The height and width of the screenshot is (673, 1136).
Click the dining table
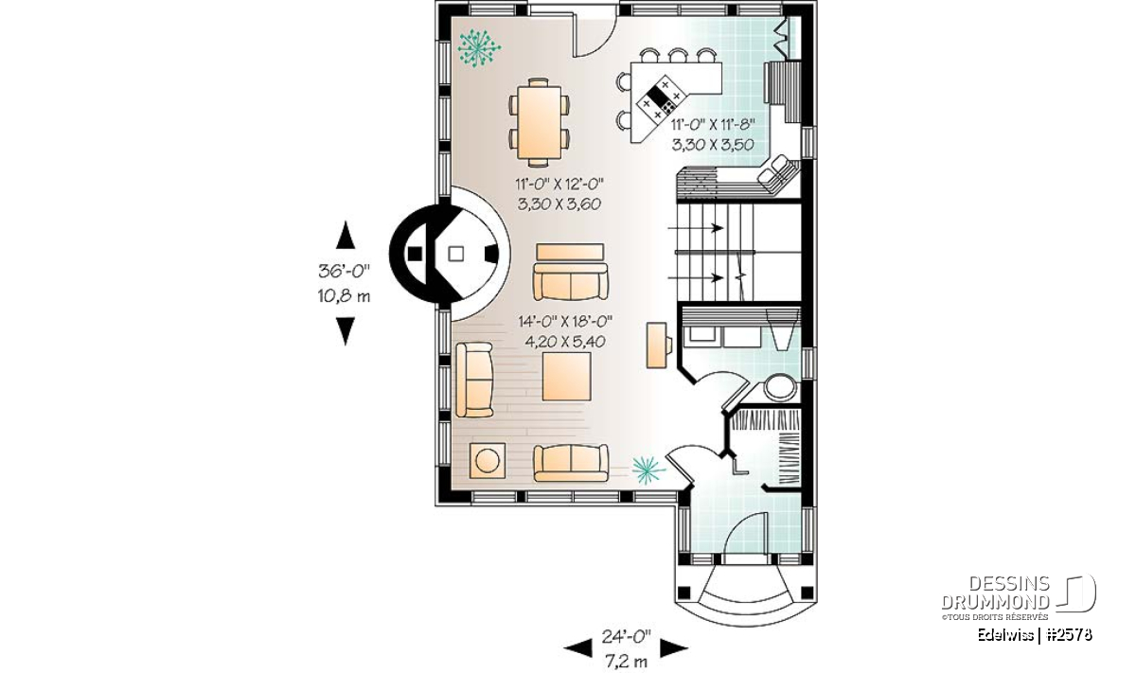(x=539, y=122)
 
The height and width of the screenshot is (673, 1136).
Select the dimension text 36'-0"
(x=344, y=272)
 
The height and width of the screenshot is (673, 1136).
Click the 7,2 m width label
(x=627, y=662)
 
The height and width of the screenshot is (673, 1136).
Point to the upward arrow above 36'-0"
(x=346, y=235)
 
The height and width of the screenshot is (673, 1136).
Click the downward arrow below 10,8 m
(x=346, y=331)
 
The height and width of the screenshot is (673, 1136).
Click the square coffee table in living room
(x=566, y=377)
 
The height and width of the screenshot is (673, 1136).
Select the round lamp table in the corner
(x=488, y=461)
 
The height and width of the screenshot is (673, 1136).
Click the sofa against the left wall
(x=474, y=380)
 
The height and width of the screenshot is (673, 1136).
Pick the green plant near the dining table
(x=479, y=48)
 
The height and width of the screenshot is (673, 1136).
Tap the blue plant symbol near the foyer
(x=648, y=470)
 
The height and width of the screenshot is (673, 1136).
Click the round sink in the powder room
(x=780, y=387)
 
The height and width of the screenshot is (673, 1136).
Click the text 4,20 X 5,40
(x=565, y=342)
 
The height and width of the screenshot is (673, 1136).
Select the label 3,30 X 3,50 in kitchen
(x=713, y=145)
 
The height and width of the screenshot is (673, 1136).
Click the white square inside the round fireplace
(x=456, y=254)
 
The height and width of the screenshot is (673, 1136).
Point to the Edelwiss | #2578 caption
(x=1035, y=634)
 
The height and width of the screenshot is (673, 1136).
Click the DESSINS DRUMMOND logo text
(x=995, y=593)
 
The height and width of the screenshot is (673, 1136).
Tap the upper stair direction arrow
(x=695, y=228)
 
